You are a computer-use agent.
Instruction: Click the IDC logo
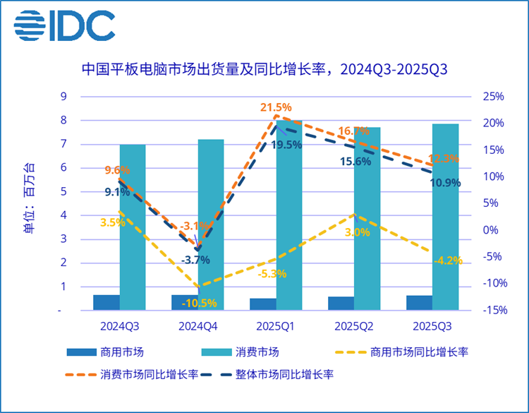click(x=64, y=26)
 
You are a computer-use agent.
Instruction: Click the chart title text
click(x=264, y=70)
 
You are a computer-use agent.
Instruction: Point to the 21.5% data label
click(x=276, y=107)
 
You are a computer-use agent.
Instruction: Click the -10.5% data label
click(x=199, y=304)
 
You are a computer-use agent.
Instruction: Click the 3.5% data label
click(x=112, y=222)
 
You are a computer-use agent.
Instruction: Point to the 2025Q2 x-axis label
click(x=354, y=325)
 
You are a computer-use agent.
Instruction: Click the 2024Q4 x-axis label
click(x=198, y=325)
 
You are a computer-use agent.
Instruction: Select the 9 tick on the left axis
click(x=62, y=97)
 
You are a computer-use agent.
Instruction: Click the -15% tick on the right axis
click(x=492, y=311)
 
